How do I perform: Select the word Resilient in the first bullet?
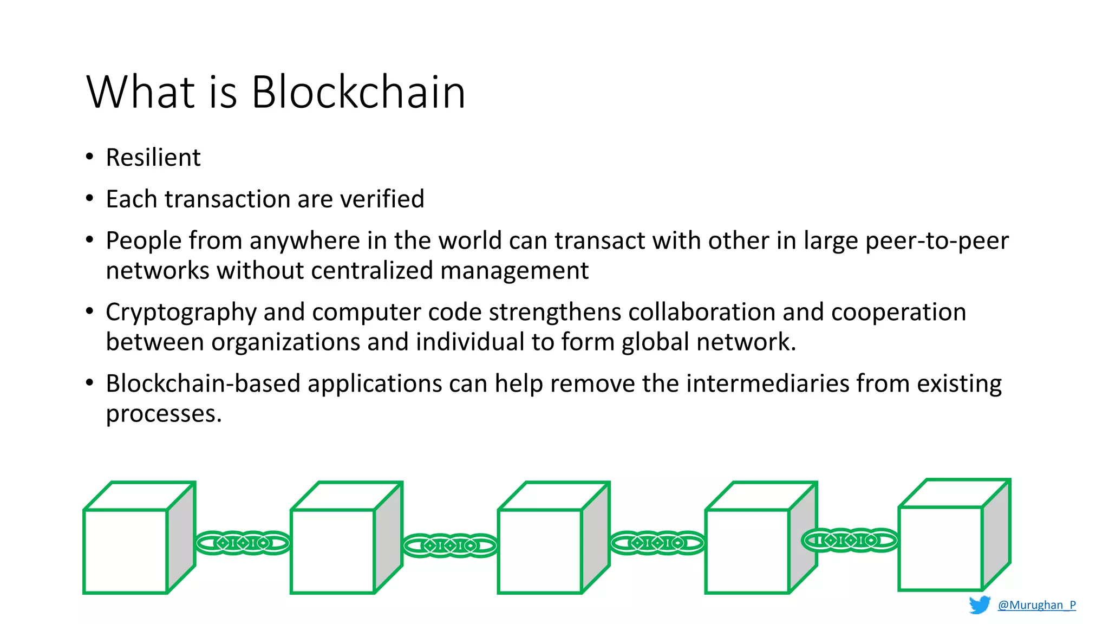pyautogui.click(x=153, y=158)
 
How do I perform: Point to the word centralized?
pyautogui.click(x=371, y=270)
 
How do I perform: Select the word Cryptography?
pyautogui.click(x=181, y=313)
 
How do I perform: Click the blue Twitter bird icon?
pyautogui.click(x=980, y=604)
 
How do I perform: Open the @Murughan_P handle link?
pyautogui.click(x=1036, y=605)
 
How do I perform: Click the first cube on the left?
pyautogui.click(x=126, y=550)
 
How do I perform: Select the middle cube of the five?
pyautogui.click(x=540, y=550)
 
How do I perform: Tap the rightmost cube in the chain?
pyautogui.click(x=941, y=548)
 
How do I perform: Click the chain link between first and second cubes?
pyautogui.click(x=243, y=543)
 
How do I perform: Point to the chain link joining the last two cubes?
pyautogui.click(x=849, y=540)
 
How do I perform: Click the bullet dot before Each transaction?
pyautogui.click(x=90, y=199)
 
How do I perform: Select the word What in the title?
pyautogui.click(x=140, y=92)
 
